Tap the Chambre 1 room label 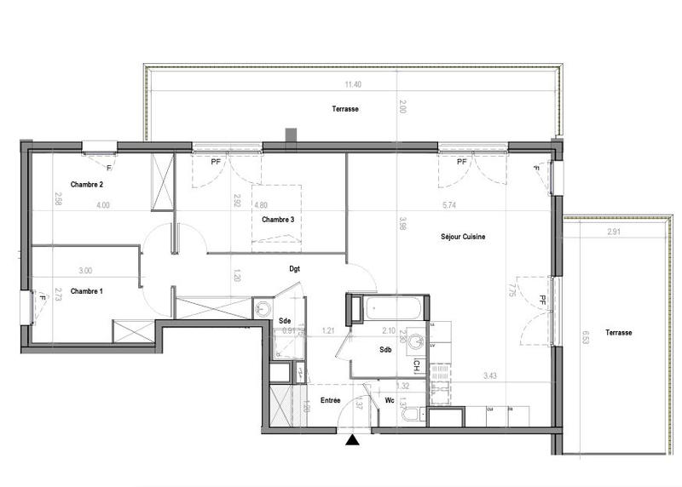(x=86, y=291)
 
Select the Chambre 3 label (x=278, y=220)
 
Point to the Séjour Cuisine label (x=463, y=237)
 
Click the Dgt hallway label (x=294, y=268)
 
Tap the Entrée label (x=331, y=400)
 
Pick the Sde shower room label (x=285, y=320)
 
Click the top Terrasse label (x=345, y=109)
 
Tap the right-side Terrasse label (x=619, y=333)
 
